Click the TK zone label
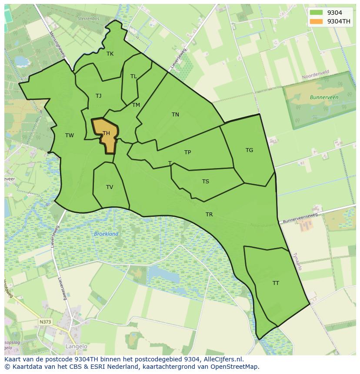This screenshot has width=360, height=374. [110, 54]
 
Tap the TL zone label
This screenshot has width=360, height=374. [133, 76]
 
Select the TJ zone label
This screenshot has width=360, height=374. [99, 96]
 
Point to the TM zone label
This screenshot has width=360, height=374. [136, 105]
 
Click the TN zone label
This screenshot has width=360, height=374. [175, 115]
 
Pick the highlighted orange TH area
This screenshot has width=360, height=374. [106, 135]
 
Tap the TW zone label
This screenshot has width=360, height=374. [70, 136]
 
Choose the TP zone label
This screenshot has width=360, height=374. [187, 152]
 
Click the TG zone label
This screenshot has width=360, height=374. [249, 150]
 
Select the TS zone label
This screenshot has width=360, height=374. [206, 182]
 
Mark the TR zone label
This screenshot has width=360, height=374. [209, 215]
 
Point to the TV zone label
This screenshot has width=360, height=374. [110, 187]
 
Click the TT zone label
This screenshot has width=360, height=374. [276, 283]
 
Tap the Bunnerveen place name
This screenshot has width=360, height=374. [324, 98]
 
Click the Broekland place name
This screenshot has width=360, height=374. [106, 234]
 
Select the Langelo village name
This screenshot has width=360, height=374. [76, 347]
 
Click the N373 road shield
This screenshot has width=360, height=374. [45, 322]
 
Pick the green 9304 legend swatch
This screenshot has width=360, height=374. [317, 13]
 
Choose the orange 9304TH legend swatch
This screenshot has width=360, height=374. [317, 21]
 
